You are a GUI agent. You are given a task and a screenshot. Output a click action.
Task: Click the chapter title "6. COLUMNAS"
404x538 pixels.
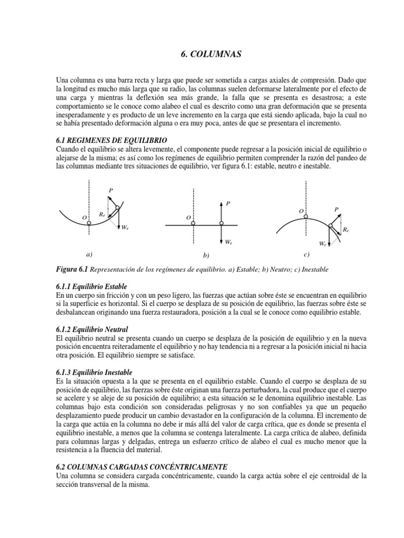[202, 54]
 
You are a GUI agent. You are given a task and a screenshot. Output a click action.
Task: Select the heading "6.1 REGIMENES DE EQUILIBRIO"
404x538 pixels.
[112, 140]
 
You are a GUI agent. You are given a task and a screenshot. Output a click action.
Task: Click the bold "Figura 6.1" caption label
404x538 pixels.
[73, 269]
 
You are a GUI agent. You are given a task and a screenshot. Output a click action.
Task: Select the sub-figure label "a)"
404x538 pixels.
[88, 254]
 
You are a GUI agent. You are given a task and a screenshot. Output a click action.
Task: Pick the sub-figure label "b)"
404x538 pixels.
[206, 255]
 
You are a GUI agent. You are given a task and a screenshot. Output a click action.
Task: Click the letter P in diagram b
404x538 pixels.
[228, 203]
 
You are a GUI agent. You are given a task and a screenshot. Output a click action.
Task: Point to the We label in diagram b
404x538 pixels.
[228, 243]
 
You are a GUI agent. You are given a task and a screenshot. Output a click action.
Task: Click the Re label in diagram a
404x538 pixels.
[102, 214]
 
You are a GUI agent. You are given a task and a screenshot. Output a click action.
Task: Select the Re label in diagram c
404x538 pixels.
[345, 230]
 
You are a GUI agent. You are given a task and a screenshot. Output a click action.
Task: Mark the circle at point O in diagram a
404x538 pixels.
[89, 223]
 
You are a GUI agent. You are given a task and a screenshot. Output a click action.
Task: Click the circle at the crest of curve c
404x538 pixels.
[307, 215]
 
